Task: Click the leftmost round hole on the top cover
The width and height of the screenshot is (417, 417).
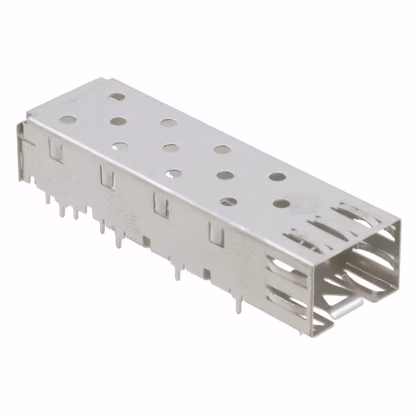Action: click(x=68, y=120)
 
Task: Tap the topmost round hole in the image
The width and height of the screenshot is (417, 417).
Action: click(x=117, y=96)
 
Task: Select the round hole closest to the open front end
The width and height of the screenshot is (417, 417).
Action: click(x=281, y=203)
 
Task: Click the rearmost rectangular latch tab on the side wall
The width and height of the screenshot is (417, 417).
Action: click(x=56, y=151)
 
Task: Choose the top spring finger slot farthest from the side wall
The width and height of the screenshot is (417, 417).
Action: click(x=355, y=210)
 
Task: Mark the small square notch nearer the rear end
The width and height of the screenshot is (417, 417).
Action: click(x=146, y=241)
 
